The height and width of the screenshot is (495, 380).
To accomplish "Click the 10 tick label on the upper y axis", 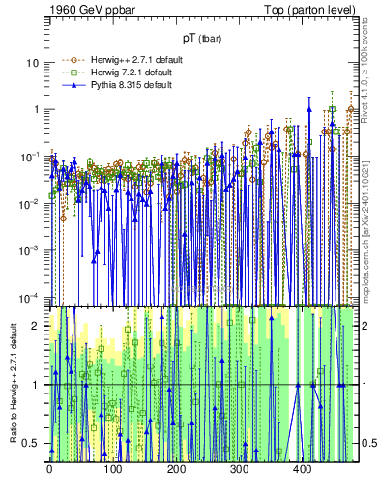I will click(33, 62).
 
